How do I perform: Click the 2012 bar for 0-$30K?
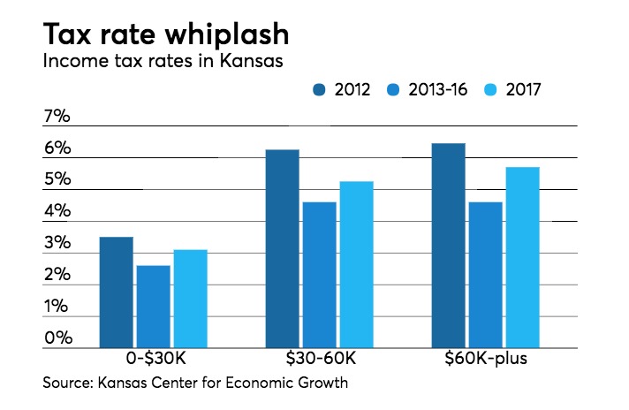[116, 292]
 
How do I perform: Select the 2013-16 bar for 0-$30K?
[153, 307]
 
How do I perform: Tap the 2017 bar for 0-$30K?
[190, 299]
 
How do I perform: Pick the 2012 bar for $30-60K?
[282, 248]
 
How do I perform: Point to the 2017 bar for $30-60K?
[356, 264]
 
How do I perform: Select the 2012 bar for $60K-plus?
[448, 246]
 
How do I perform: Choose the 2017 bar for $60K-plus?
[522, 257]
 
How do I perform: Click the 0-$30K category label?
[153, 362]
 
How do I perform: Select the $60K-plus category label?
[485, 362]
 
